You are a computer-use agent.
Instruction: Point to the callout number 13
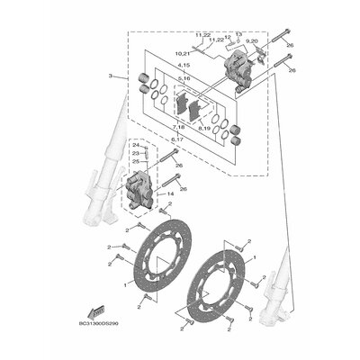(x=238, y=34)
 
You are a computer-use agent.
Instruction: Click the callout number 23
(x=136, y=154)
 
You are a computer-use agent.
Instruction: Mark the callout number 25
(x=136, y=162)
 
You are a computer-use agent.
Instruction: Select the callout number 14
(x=169, y=193)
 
